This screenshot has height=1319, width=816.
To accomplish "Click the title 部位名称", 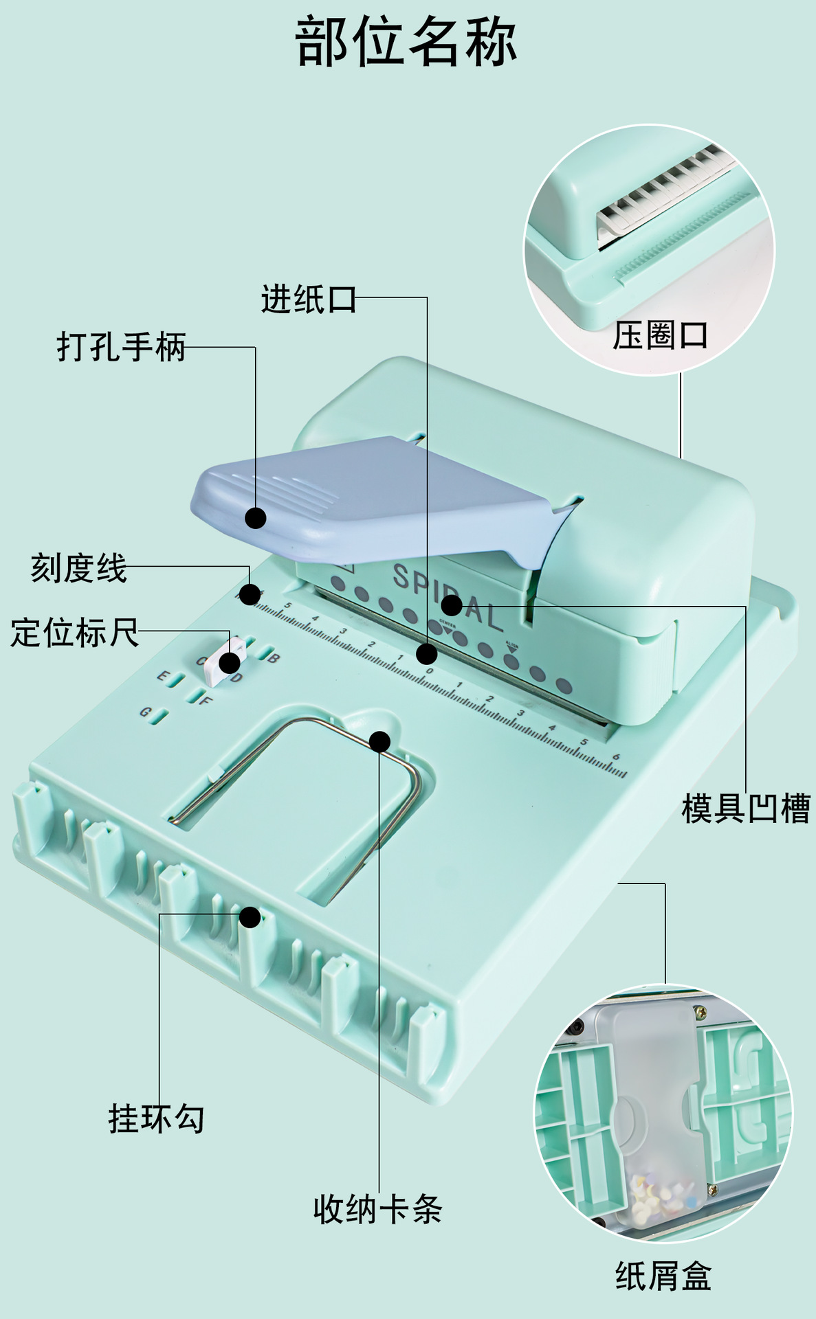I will (406, 43).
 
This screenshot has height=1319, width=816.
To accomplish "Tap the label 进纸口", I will (308, 300).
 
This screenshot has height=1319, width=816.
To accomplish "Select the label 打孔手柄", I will (121, 346).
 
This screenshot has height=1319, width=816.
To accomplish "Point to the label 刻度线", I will (78, 568).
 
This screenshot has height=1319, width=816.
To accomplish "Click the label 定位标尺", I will (74, 632).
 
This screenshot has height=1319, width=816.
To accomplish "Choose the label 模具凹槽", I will (746, 808).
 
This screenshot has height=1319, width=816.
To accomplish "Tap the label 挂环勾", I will (156, 1118).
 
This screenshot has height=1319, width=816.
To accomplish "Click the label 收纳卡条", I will (377, 1209).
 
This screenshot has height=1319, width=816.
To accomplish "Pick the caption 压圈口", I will (660, 336).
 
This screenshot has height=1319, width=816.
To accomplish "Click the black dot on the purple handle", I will (256, 518).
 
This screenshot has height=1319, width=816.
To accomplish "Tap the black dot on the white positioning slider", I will (230, 663).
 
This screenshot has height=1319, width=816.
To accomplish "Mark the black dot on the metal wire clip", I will (379, 741).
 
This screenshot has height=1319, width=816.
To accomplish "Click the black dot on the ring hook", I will (250, 917).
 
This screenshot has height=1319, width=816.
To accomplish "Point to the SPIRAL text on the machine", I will (447, 596).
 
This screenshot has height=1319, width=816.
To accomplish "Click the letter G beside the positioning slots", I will (145, 712).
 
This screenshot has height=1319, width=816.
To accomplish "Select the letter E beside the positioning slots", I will (162, 676).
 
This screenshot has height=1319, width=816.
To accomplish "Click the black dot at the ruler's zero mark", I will (426, 653).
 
